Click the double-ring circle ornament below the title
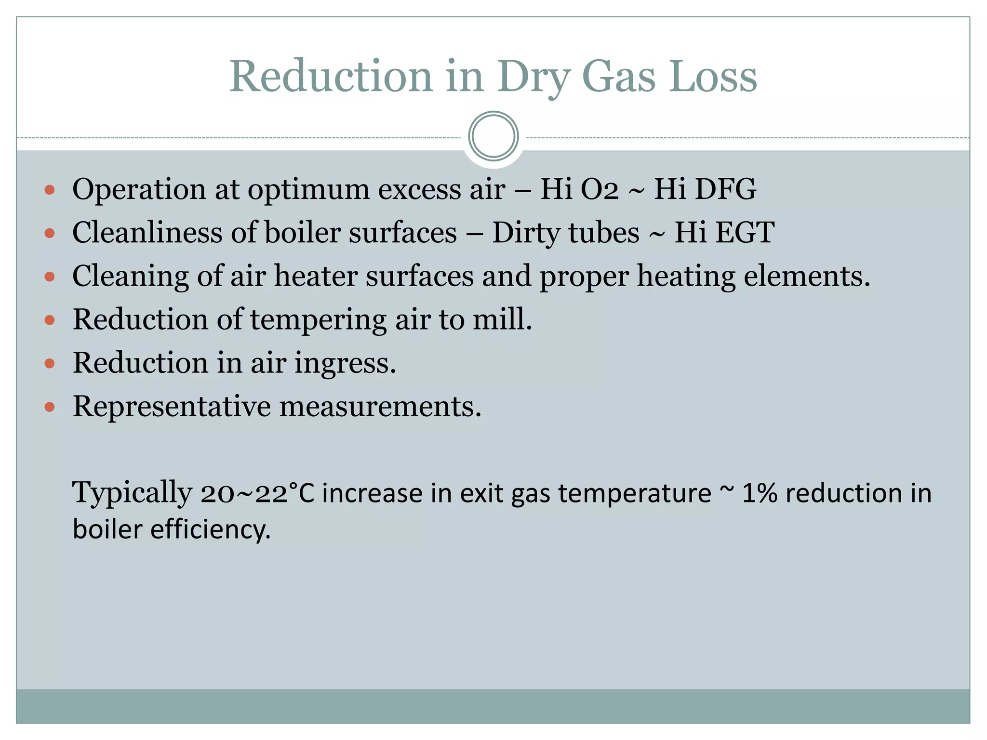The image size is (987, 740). click(493, 136)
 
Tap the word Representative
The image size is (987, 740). click(172, 407)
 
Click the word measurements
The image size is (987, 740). click(380, 407)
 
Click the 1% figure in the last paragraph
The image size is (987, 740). click(759, 493)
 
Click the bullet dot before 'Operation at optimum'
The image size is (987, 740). click(49, 190)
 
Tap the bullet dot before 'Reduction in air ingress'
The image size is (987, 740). click(49, 363)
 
